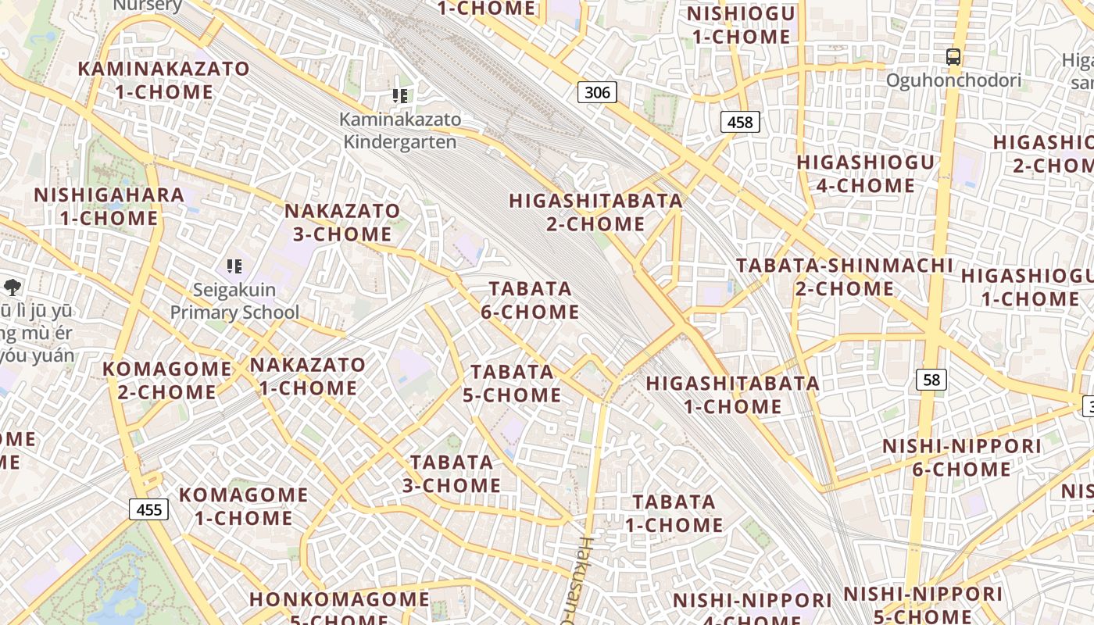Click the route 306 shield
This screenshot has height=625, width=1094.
click(597, 92)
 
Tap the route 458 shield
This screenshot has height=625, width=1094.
click(739, 122)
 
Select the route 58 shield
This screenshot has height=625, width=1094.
click(931, 380)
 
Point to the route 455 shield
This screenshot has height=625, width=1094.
click(148, 510)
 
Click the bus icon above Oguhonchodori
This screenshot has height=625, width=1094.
click(953, 57)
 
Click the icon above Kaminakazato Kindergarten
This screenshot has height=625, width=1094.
click(400, 96)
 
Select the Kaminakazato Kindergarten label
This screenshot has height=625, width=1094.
click(400, 130)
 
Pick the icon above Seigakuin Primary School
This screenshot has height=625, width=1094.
click(234, 266)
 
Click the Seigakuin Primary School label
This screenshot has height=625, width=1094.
click(234, 301)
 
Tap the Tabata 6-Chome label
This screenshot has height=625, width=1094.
click(531, 300)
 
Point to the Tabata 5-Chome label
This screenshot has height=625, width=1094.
click(512, 383)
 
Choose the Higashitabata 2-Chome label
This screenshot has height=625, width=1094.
click(595, 212)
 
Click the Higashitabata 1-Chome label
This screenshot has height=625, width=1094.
click(732, 395)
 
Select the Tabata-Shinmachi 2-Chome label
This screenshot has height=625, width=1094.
click(844, 277)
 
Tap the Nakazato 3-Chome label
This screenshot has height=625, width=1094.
click(342, 222)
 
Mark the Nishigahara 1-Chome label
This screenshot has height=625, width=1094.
click(109, 206)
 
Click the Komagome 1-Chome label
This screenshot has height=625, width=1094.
click(244, 506)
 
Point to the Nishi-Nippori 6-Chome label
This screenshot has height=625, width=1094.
click(961, 457)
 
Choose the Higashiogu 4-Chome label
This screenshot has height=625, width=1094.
click(865, 173)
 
